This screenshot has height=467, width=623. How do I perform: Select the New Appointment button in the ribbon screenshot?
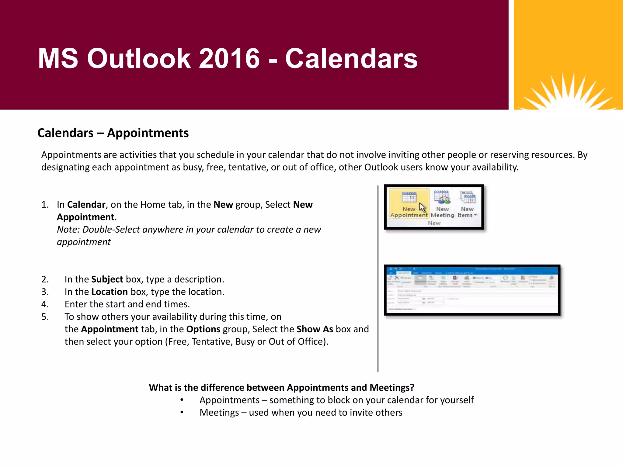point(409,203)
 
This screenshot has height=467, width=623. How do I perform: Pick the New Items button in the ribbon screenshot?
point(467,203)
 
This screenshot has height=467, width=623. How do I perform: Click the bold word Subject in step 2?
point(107,279)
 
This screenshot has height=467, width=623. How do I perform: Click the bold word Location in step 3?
point(110,292)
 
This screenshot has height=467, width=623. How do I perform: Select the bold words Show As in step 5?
point(315,329)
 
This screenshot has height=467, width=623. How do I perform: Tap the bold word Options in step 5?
point(203,329)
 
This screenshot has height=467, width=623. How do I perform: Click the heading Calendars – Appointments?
point(113,133)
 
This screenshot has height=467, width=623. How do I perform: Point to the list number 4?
point(45,304)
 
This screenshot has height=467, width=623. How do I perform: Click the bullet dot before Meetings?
point(182,412)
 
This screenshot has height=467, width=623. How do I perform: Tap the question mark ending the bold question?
point(412,387)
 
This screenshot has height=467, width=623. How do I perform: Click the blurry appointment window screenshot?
point(472,290)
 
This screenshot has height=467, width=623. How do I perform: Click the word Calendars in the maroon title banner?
point(351,58)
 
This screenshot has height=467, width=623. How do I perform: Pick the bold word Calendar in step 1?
point(86,204)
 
